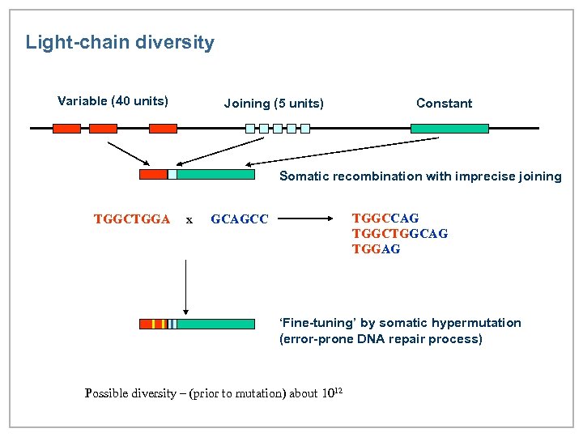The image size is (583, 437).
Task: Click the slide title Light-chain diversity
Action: coord(120,42)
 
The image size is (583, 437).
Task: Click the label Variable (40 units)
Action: coord(113,101)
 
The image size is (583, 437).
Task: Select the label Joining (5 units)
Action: coord(274,104)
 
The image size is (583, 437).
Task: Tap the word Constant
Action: coord(444,104)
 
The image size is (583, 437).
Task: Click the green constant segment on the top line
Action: coord(449,128)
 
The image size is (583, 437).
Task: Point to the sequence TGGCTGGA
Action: coord(132,218)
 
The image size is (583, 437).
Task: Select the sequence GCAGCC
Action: coord(239,218)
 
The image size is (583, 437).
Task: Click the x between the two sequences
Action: coord(189,218)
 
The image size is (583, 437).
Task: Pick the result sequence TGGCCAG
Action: coord(385,218)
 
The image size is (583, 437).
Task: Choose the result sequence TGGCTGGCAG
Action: coord(400,233)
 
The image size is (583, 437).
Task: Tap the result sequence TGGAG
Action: coord(376,249)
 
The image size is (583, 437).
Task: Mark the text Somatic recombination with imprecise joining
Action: coord(420,176)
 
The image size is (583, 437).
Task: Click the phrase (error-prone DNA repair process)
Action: coord(381,339)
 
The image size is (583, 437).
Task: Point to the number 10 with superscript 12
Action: coord(332,393)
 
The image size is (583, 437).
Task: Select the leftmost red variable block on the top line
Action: coord(66,128)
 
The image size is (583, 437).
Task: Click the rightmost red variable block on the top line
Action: coord(163,128)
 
